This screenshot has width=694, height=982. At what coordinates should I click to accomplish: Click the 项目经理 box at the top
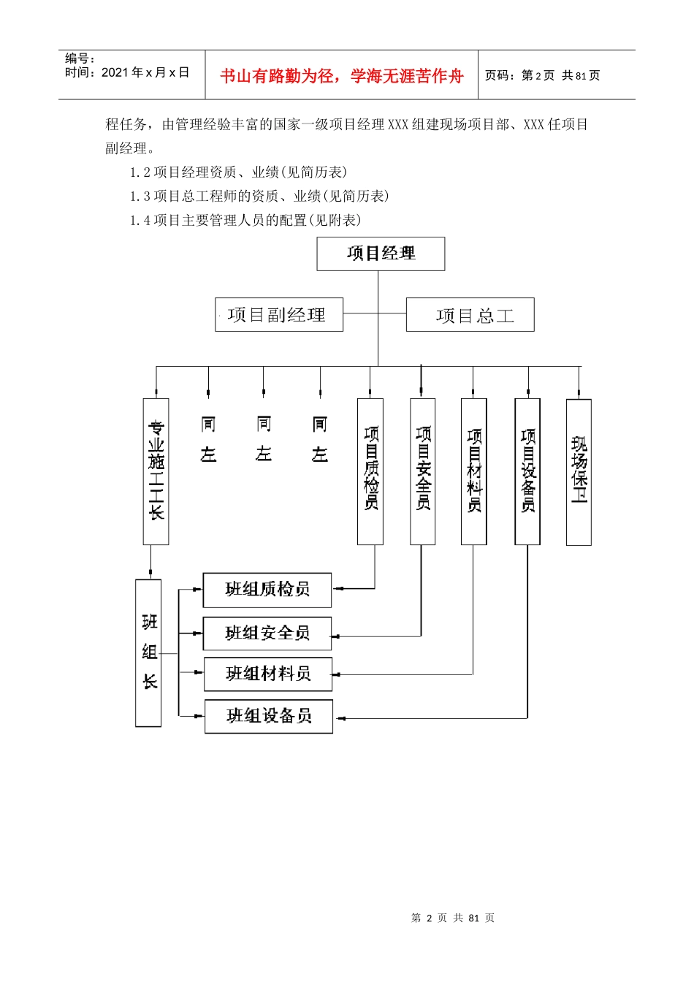coord(381,254)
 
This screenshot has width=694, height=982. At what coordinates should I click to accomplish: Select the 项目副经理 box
coord(278,315)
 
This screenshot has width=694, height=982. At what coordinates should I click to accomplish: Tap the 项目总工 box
coord(470,315)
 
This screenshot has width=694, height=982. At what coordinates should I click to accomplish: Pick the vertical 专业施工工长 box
coord(156,471)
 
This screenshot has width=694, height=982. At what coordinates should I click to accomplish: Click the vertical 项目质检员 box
coord(370,471)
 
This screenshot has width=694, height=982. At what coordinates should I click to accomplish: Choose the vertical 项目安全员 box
coord(423,471)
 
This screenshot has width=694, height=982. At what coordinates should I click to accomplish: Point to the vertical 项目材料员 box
coord(474,471)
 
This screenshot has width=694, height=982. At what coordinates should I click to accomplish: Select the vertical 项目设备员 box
coord(527,471)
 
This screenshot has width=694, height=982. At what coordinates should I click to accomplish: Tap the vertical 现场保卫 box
coord(579,472)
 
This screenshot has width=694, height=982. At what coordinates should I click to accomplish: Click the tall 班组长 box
coord(148,652)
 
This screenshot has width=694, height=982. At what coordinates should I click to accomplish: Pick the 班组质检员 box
coord(267,590)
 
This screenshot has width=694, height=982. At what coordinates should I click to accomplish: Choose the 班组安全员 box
coord(267,633)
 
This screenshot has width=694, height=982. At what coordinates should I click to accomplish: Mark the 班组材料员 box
coord(268,674)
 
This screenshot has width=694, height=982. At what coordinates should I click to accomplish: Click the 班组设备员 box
coord(269,716)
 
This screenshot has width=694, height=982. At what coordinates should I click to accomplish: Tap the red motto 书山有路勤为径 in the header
coord(342,76)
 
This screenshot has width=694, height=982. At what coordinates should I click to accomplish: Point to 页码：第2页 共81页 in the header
coord(543,75)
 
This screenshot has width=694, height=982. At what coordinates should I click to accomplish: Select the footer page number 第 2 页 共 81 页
coord(453,918)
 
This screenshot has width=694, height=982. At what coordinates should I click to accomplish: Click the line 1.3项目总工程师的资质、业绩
coord(259,196)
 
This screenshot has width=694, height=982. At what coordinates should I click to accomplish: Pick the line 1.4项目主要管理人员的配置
coord(245,220)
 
